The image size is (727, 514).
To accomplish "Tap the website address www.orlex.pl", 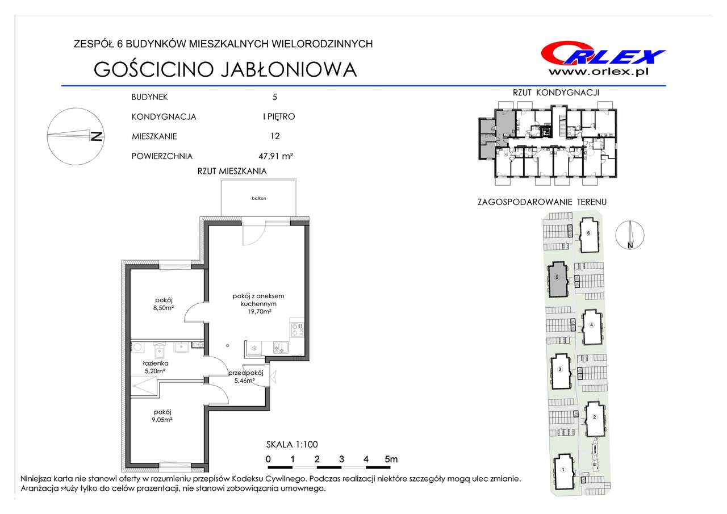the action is point(599,72).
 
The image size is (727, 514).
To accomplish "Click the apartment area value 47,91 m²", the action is point(276,156).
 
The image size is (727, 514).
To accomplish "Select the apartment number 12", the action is point(275,136).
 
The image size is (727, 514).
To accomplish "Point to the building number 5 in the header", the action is point(274,97).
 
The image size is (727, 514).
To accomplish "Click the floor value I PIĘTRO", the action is point(279,116).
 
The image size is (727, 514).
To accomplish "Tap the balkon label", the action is point(258,198).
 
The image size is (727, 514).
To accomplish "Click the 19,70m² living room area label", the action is point(258,311).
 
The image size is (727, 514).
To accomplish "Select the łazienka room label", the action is point(156,363).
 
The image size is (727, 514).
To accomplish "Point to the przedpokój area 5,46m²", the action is point(244,381).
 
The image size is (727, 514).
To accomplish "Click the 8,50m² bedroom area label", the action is point(164,308).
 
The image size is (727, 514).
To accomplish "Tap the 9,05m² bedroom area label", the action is point(162,420).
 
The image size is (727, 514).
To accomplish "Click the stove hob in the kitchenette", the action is point(297,329).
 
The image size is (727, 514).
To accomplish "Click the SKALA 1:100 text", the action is point(292,444).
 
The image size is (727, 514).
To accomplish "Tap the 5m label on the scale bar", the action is point(391,459).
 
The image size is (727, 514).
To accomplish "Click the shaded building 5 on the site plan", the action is point(557,279).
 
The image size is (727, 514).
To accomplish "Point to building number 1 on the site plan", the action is point(563,470).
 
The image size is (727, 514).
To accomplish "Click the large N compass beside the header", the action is point(76,137).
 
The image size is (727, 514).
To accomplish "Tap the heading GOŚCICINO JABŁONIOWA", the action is point(225,69).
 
